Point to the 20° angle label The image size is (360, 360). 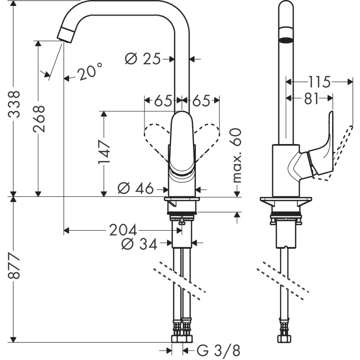[90, 73]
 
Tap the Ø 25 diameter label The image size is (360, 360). [143, 59]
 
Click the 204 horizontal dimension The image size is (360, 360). [123, 230]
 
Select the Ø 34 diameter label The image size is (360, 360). [141, 243]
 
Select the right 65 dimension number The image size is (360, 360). [200, 101]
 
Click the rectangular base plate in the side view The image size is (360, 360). [286, 201]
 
